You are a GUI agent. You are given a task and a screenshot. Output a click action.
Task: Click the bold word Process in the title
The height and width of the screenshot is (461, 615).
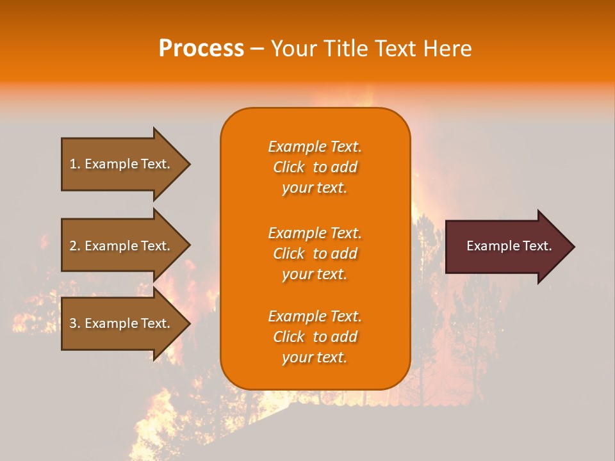(201, 49)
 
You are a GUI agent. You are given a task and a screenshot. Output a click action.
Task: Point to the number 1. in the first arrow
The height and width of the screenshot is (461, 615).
(75, 164)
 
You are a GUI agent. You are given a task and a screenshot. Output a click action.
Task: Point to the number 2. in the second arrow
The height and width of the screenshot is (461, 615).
(75, 246)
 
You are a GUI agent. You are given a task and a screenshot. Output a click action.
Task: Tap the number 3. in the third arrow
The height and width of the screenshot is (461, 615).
(75, 323)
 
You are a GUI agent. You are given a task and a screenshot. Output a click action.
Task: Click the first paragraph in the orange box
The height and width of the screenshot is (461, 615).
(315, 167)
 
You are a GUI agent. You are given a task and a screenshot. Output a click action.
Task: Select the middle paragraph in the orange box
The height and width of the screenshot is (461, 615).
(315, 254)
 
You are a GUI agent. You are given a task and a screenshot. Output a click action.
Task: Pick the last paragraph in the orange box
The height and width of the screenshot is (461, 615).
(315, 337)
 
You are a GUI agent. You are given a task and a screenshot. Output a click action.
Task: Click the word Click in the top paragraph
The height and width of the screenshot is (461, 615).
(288, 167)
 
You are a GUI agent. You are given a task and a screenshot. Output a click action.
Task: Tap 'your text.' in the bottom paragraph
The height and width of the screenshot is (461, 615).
(315, 357)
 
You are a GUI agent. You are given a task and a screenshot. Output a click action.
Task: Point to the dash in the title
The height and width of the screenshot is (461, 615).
(258, 49)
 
